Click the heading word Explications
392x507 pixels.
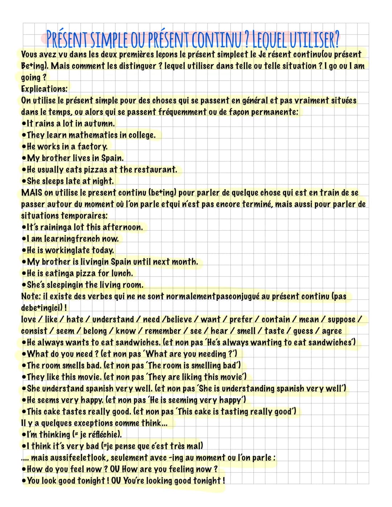click(x=44, y=89)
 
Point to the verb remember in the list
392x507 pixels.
click(x=163, y=331)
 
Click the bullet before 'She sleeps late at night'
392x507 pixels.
click(x=24, y=181)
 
